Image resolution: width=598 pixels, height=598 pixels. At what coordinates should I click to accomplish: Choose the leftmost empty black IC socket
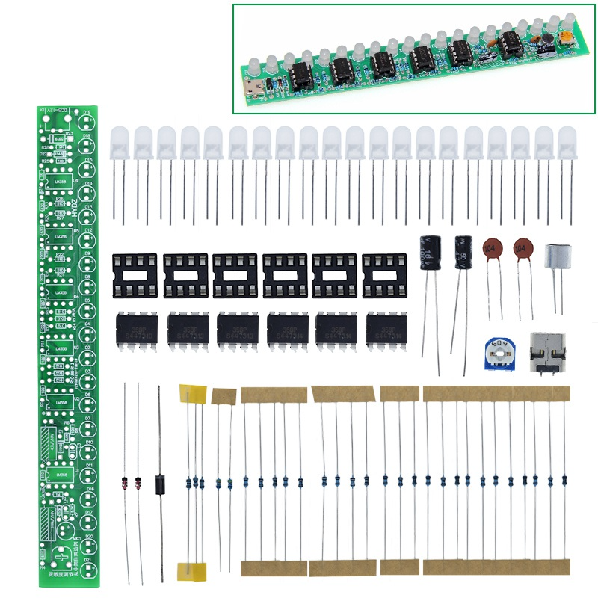(x=135, y=274)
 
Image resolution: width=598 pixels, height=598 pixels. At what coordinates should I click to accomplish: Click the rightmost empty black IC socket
(x=385, y=274)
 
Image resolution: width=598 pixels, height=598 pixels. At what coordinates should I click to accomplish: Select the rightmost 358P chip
(x=386, y=330)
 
